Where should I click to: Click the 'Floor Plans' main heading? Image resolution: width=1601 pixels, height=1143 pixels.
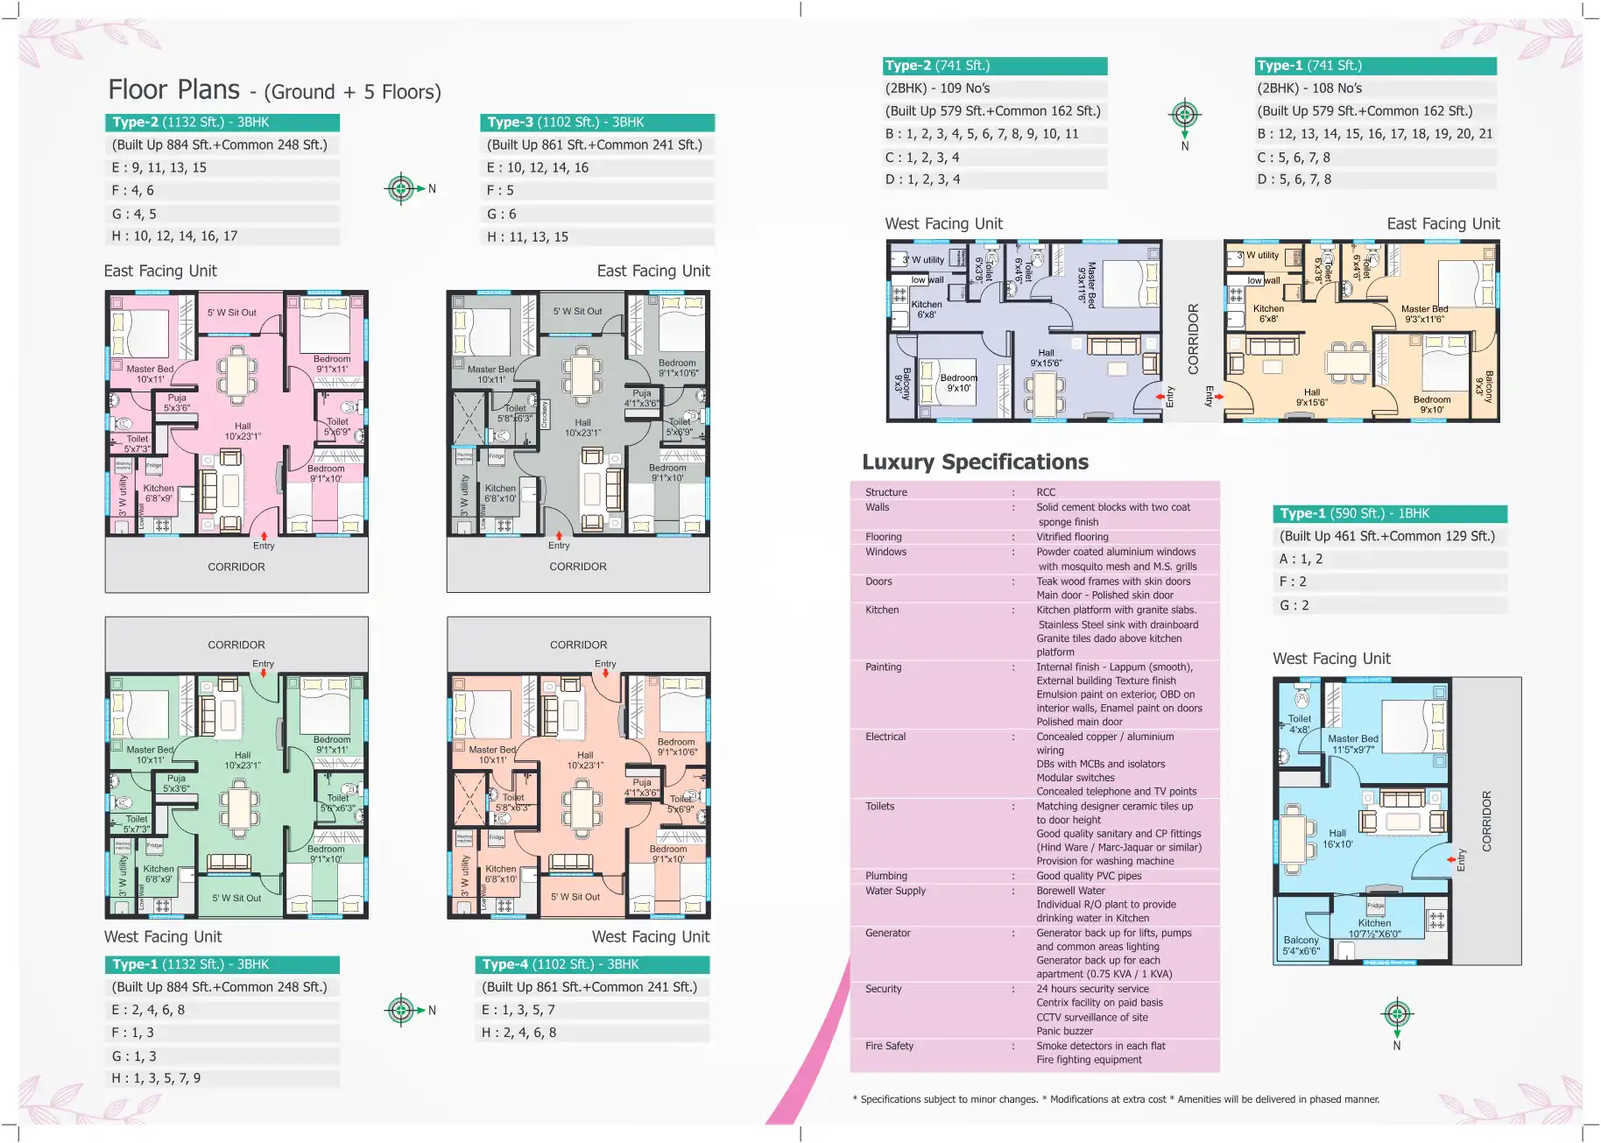click(173, 90)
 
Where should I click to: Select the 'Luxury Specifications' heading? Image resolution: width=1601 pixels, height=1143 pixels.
click(975, 462)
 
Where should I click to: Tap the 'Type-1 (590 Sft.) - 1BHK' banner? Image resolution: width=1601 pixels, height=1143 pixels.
click(1389, 514)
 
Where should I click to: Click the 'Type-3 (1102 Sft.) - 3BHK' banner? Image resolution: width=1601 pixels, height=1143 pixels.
click(596, 123)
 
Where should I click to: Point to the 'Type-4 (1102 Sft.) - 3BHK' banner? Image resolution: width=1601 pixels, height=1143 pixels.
click(591, 964)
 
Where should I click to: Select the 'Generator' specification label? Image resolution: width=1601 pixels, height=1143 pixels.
click(887, 933)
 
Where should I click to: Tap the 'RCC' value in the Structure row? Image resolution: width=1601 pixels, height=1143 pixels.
click(1046, 492)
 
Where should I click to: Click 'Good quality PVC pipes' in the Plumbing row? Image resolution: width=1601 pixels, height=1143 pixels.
click(1089, 876)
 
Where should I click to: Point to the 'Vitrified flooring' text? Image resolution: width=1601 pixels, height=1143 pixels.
click(1072, 537)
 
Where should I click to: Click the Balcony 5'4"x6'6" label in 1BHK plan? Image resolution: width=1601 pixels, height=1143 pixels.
click(1301, 945)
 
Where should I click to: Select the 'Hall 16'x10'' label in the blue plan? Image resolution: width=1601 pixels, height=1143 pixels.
click(1337, 839)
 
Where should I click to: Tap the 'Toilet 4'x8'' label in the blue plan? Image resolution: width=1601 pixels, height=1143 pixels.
click(1299, 723)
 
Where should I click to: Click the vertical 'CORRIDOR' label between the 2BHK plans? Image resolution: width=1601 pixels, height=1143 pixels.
click(1193, 339)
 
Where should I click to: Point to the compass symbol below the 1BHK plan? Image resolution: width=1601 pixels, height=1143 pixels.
click(1397, 1014)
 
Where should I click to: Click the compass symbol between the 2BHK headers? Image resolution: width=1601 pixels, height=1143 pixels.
click(1184, 115)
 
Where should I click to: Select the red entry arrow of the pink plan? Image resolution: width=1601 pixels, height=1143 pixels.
click(264, 534)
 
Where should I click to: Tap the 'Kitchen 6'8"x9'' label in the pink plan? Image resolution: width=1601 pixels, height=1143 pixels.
click(159, 493)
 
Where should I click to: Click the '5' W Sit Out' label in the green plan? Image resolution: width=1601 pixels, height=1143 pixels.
click(236, 898)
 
